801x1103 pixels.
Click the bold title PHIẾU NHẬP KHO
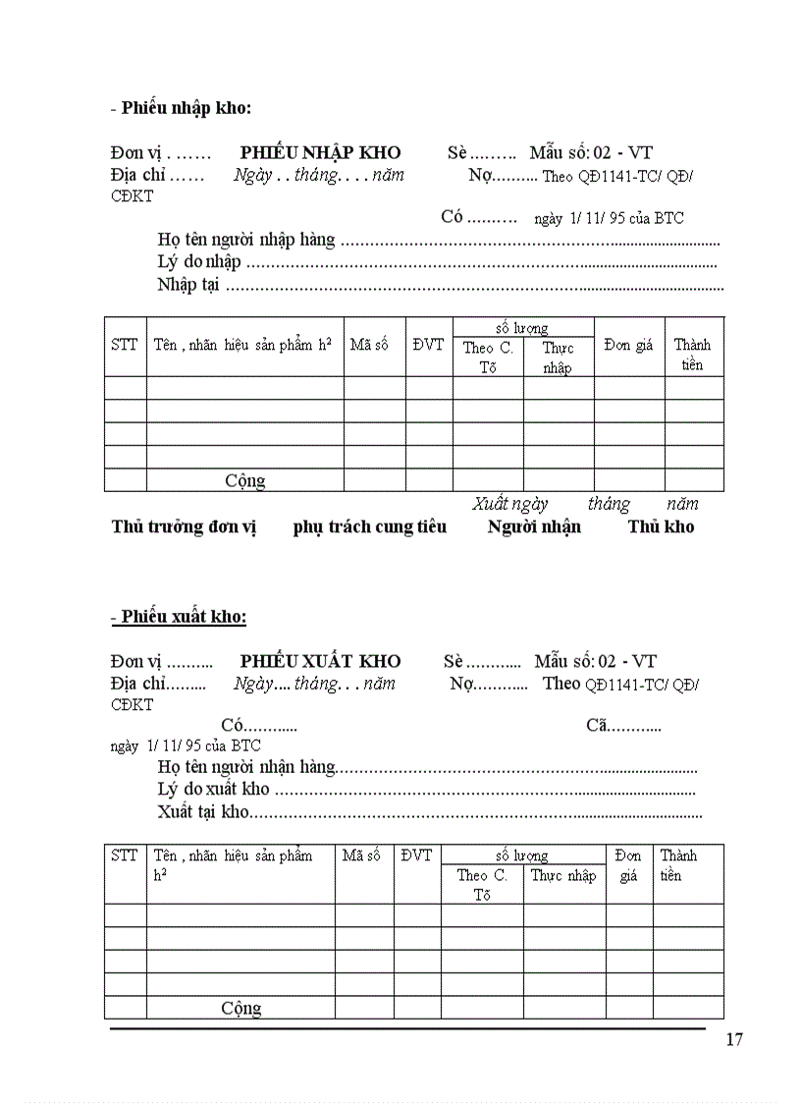(320, 152)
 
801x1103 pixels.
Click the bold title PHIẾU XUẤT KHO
(320, 661)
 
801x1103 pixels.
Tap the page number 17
(733, 1041)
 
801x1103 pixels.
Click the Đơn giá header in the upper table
(628, 345)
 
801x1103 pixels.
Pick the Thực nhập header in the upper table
(558, 358)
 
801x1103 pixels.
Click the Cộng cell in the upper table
(244, 480)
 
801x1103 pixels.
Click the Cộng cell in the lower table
(240, 1008)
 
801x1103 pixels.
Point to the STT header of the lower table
(125, 855)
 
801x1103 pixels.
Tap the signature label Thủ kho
(661, 526)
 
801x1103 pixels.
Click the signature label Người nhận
(534, 526)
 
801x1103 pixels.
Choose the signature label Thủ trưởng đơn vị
(184, 526)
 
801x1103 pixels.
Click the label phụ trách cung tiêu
(369, 526)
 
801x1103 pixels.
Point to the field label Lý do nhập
(198, 261)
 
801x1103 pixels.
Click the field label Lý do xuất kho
(213, 789)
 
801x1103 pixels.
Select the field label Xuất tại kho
(203, 812)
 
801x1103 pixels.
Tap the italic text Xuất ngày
(509, 504)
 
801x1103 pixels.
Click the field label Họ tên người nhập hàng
(245, 239)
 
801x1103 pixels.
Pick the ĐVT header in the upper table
(428, 345)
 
